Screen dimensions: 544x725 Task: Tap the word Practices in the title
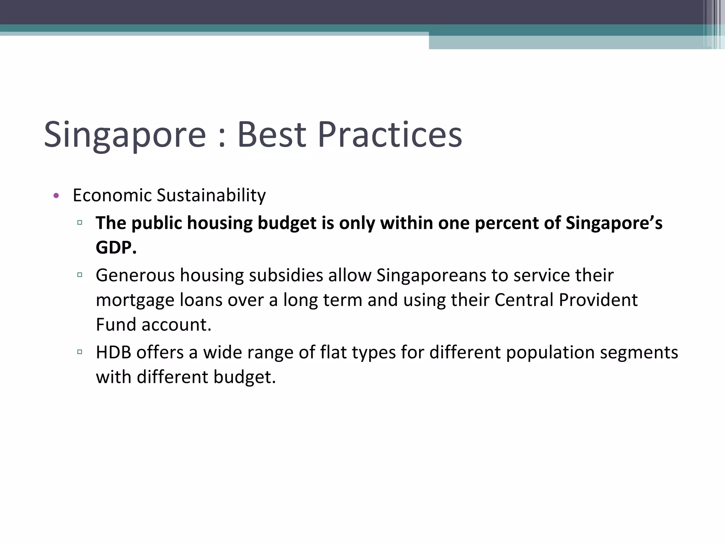pos(390,135)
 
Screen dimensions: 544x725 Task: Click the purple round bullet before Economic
pos(56,195)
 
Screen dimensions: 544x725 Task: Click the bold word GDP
pos(116,247)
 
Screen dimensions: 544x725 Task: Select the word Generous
pos(135,276)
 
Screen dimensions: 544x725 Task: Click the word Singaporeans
pos(431,276)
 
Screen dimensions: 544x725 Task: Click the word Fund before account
pos(116,324)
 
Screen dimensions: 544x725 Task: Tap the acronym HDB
pos(113,352)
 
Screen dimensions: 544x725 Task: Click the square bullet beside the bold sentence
pos(80,223)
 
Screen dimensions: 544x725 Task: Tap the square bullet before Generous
pos(80,274)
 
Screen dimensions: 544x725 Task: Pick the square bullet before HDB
pos(80,352)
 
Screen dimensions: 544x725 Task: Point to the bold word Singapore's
pos(614,223)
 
